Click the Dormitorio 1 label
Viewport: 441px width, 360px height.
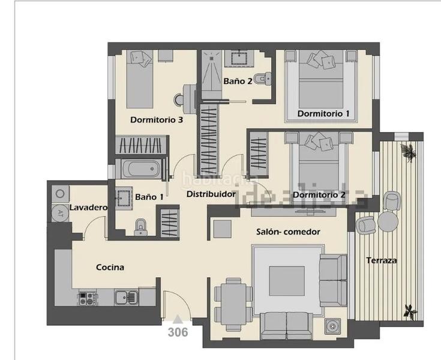[x=323, y=113]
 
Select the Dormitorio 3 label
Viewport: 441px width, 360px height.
[x=156, y=120]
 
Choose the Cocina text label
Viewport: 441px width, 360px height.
[x=110, y=267]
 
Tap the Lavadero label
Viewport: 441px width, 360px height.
[x=88, y=208]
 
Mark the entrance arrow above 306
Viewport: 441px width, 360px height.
[x=178, y=319]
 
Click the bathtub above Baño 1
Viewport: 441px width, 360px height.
[x=142, y=169]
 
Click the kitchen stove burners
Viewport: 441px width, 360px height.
[x=86, y=297]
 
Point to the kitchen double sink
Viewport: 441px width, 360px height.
[x=125, y=296]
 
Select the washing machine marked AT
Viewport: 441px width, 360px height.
[x=60, y=212]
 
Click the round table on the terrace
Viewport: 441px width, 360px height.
[x=388, y=221]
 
